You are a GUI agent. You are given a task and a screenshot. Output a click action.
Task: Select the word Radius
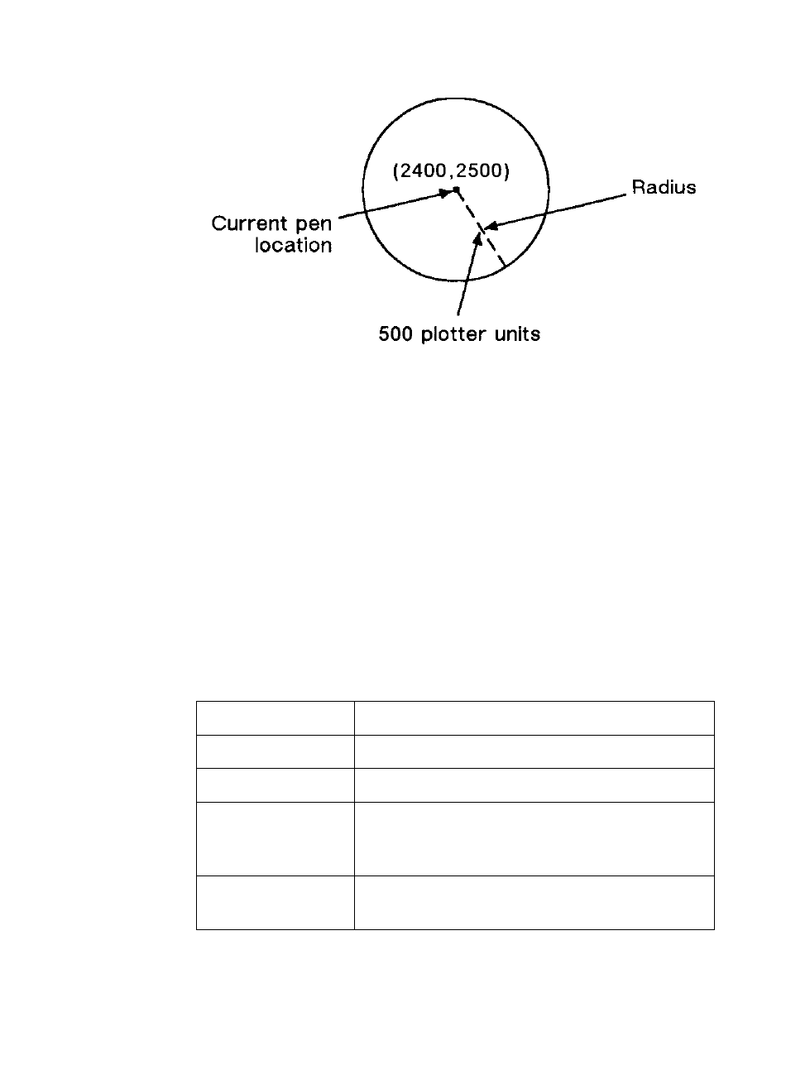pyautogui.click(x=664, y=188)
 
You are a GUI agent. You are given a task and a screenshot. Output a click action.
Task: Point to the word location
pyautogui.click(x=294, y=246)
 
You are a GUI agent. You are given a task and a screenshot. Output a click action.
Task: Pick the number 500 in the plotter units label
pyautogui.click(x=395, y=335)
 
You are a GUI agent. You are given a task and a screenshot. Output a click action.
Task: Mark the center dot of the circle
pyautogui.click(x=456, y=190)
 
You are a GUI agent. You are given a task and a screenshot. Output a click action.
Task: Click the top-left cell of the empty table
pyautogui.click(x=275, y=717)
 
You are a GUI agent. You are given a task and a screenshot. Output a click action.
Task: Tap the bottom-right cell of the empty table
pyautogui.click(x=534, y=902)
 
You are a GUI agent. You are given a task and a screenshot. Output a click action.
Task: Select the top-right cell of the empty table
pyautogui.click(x=534, y=717)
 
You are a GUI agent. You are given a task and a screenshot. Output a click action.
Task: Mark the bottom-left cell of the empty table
pyautogui.click(x=275, y=902)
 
